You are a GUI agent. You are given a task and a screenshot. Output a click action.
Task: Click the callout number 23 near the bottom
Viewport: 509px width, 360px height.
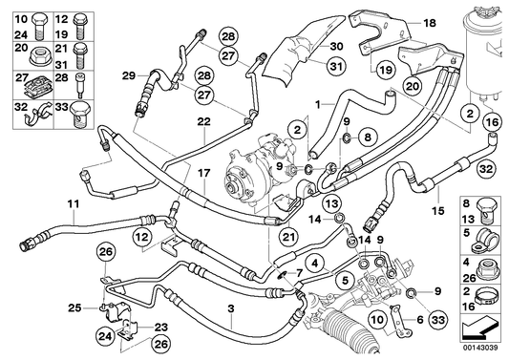click(x=160, y=325)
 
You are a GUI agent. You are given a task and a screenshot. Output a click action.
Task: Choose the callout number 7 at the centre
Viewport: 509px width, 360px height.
click(x=298, y=272)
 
